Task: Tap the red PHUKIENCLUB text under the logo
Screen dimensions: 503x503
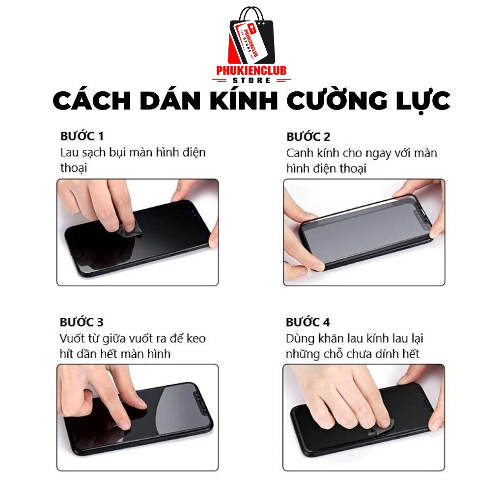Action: [x=251, y=70]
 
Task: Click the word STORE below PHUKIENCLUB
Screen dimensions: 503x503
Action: [x=251, y=80]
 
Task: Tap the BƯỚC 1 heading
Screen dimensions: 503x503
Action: [x=82, y=136]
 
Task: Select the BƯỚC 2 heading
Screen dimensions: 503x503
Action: [x=308, y=137]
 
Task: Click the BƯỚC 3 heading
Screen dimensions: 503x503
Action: [x=82, y=322]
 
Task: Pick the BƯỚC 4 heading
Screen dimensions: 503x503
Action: [x=308, y=322]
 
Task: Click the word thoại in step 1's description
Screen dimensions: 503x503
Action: [x=74, y=168]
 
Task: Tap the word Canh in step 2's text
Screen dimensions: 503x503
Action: [x=300, y=153]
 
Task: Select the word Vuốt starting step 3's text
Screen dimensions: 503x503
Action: [x=73, y=338]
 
